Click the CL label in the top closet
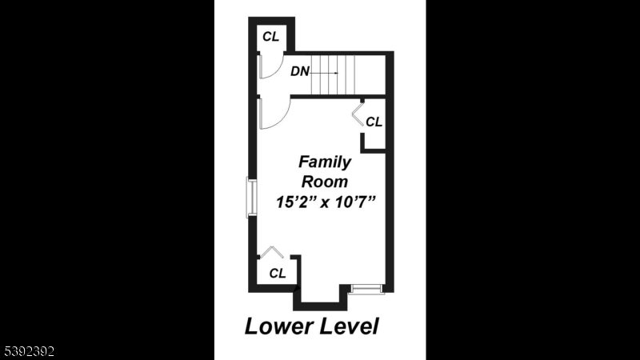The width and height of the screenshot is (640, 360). [271, 36]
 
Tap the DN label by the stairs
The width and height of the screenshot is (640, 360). [300, 71]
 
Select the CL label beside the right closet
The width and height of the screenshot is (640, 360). [374, 122]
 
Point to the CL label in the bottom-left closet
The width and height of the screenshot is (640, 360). [277, 273]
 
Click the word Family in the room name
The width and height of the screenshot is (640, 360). [325, 162]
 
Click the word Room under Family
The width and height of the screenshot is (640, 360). [324, 182]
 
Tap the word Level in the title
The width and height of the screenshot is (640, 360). [346, 326]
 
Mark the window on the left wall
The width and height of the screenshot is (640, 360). [251, 198]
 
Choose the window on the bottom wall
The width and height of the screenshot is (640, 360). [368, 288]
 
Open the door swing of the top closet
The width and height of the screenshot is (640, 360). [268, 67]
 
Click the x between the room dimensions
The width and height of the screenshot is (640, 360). [325, 203]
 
